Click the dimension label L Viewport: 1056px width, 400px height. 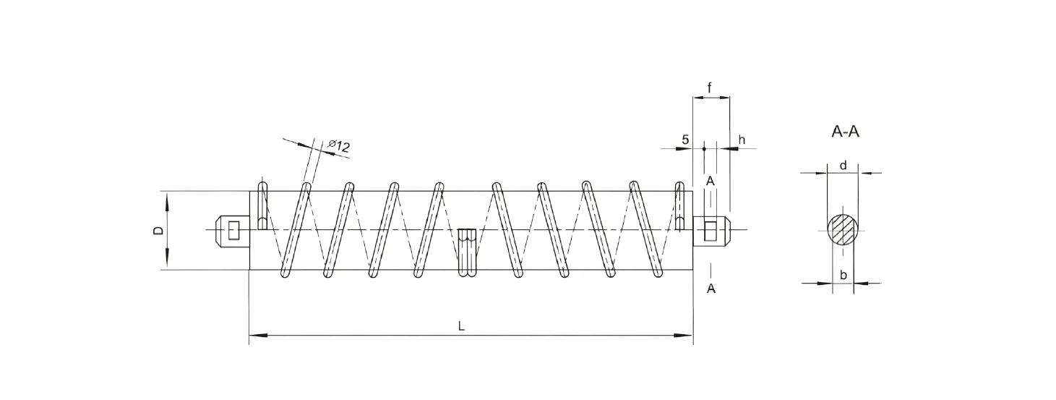coord(461,326)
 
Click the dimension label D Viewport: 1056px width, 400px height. coord(158,231)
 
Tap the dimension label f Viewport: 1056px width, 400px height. coord(710,88)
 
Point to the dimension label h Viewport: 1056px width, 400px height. coord(741,139)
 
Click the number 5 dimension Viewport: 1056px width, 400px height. coord(685,139)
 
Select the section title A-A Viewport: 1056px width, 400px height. coord(845,132)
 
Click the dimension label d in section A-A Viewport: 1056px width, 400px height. coord(843,166)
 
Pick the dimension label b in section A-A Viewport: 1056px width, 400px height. coord(843,275)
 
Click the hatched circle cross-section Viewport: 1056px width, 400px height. coord(843,231)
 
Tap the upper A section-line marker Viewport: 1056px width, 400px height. coord(711,180)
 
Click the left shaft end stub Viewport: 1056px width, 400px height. coord(231,231)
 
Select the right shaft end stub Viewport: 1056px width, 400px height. coord(713,231)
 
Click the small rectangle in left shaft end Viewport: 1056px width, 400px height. coord(233,231)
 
